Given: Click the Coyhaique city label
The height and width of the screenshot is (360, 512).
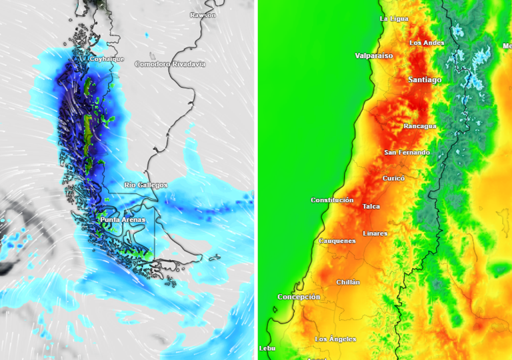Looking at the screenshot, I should pos(107,59).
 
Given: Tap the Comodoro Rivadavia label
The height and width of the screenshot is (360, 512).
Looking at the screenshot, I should pos(170,64).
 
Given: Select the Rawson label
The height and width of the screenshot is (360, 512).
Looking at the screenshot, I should pos(203,15).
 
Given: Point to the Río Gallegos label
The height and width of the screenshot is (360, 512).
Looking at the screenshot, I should pos(146,185).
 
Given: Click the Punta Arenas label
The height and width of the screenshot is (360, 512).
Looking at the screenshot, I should pos(123,219).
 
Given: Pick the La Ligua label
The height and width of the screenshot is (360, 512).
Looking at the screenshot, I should pos(394,19).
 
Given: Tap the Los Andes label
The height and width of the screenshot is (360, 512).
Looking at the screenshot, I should pos(427,43).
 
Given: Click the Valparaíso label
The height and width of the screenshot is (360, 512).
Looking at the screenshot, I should pos(374,55).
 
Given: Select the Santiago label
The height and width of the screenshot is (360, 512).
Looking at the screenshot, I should pos(425,80).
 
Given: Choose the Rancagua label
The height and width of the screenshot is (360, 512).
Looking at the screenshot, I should pos(420,126).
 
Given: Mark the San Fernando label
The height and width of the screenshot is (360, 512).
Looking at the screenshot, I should pos(407,153).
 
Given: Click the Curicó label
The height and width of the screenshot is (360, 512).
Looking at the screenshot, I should pos(394,178).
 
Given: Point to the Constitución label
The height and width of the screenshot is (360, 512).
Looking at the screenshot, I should pos(332,200).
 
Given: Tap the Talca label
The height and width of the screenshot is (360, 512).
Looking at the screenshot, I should pos(371,207).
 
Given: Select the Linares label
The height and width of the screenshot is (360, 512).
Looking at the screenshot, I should pos(375,233).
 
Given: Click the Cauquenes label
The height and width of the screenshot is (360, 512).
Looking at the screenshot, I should pos(337,241).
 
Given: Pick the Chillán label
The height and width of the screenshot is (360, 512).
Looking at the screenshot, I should pos(348,282).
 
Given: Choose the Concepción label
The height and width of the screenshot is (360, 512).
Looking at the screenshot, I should pos(299,297).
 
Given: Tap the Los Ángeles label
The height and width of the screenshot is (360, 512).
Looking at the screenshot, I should pos(335,339).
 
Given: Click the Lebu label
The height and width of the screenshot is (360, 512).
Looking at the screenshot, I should pos(267,348).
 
